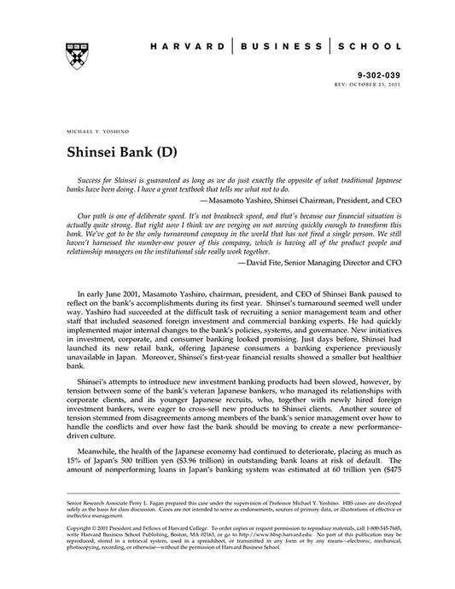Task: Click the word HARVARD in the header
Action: pos(190,47)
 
